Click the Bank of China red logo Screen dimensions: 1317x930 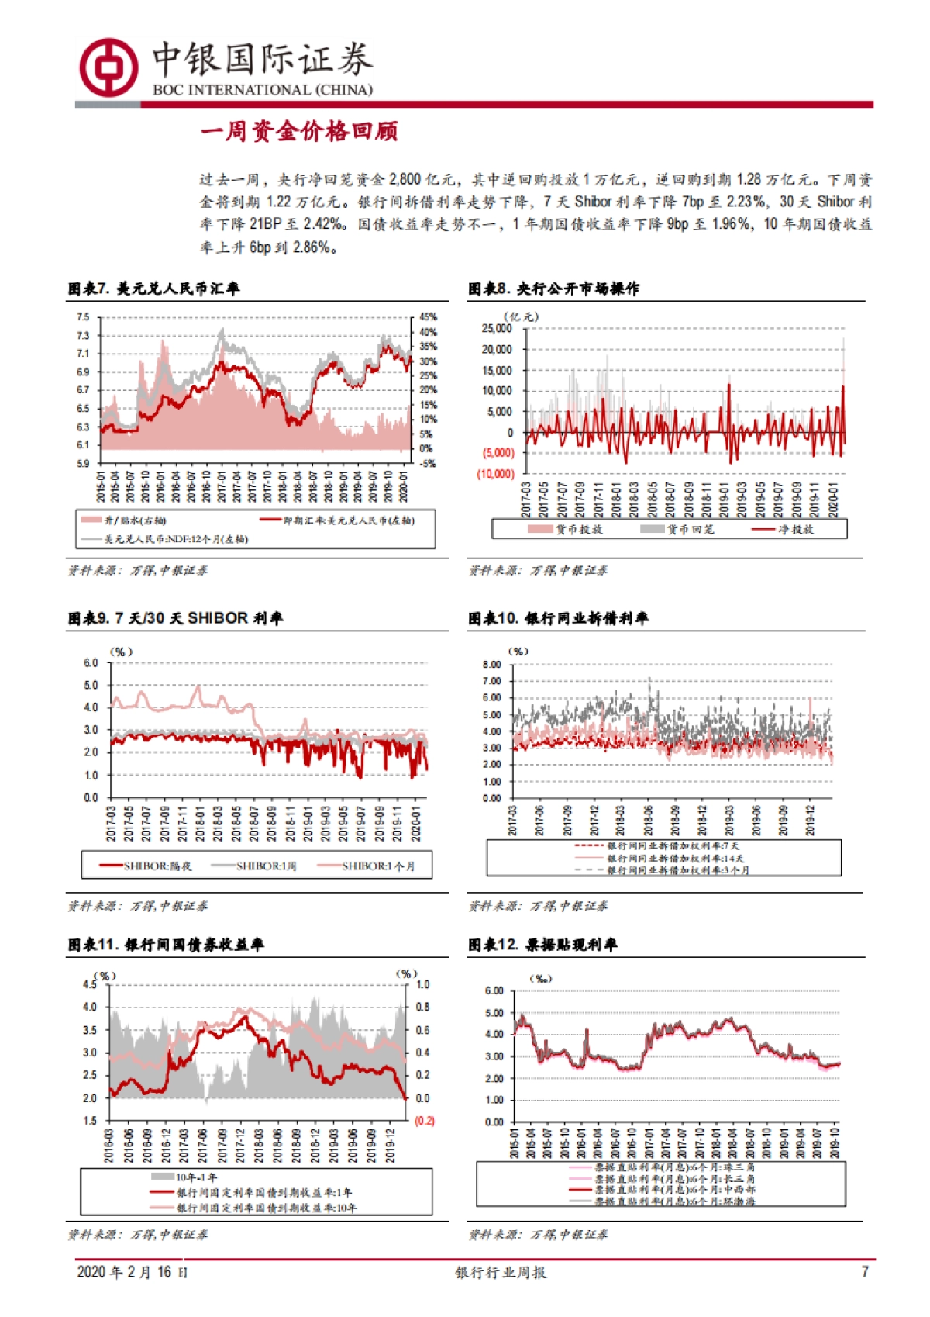[x=108, y=67]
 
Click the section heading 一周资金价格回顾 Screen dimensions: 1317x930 [x=299, y=132]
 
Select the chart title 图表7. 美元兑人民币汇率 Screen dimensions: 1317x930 [x=153, y=289]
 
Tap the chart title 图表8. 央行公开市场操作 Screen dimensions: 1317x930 [x=553, y=289]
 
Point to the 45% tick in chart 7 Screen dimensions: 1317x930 [x=428, y=317]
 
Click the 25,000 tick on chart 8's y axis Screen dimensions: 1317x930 [x=497, y=329]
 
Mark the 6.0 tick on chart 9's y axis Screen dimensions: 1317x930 [x=91, y=663]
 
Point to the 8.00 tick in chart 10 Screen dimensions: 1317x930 [x=491, y=665]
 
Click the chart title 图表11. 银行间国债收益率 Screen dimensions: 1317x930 [x=166, y=945]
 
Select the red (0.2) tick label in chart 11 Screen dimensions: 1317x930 [x=425, y=1121]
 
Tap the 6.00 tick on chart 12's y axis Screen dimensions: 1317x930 [x=494, y=991]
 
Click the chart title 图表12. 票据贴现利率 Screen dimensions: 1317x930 [x=542, y=945]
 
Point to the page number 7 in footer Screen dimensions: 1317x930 [x=865, y=1272]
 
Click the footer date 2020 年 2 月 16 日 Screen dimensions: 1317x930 [x=132, y=1272]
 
